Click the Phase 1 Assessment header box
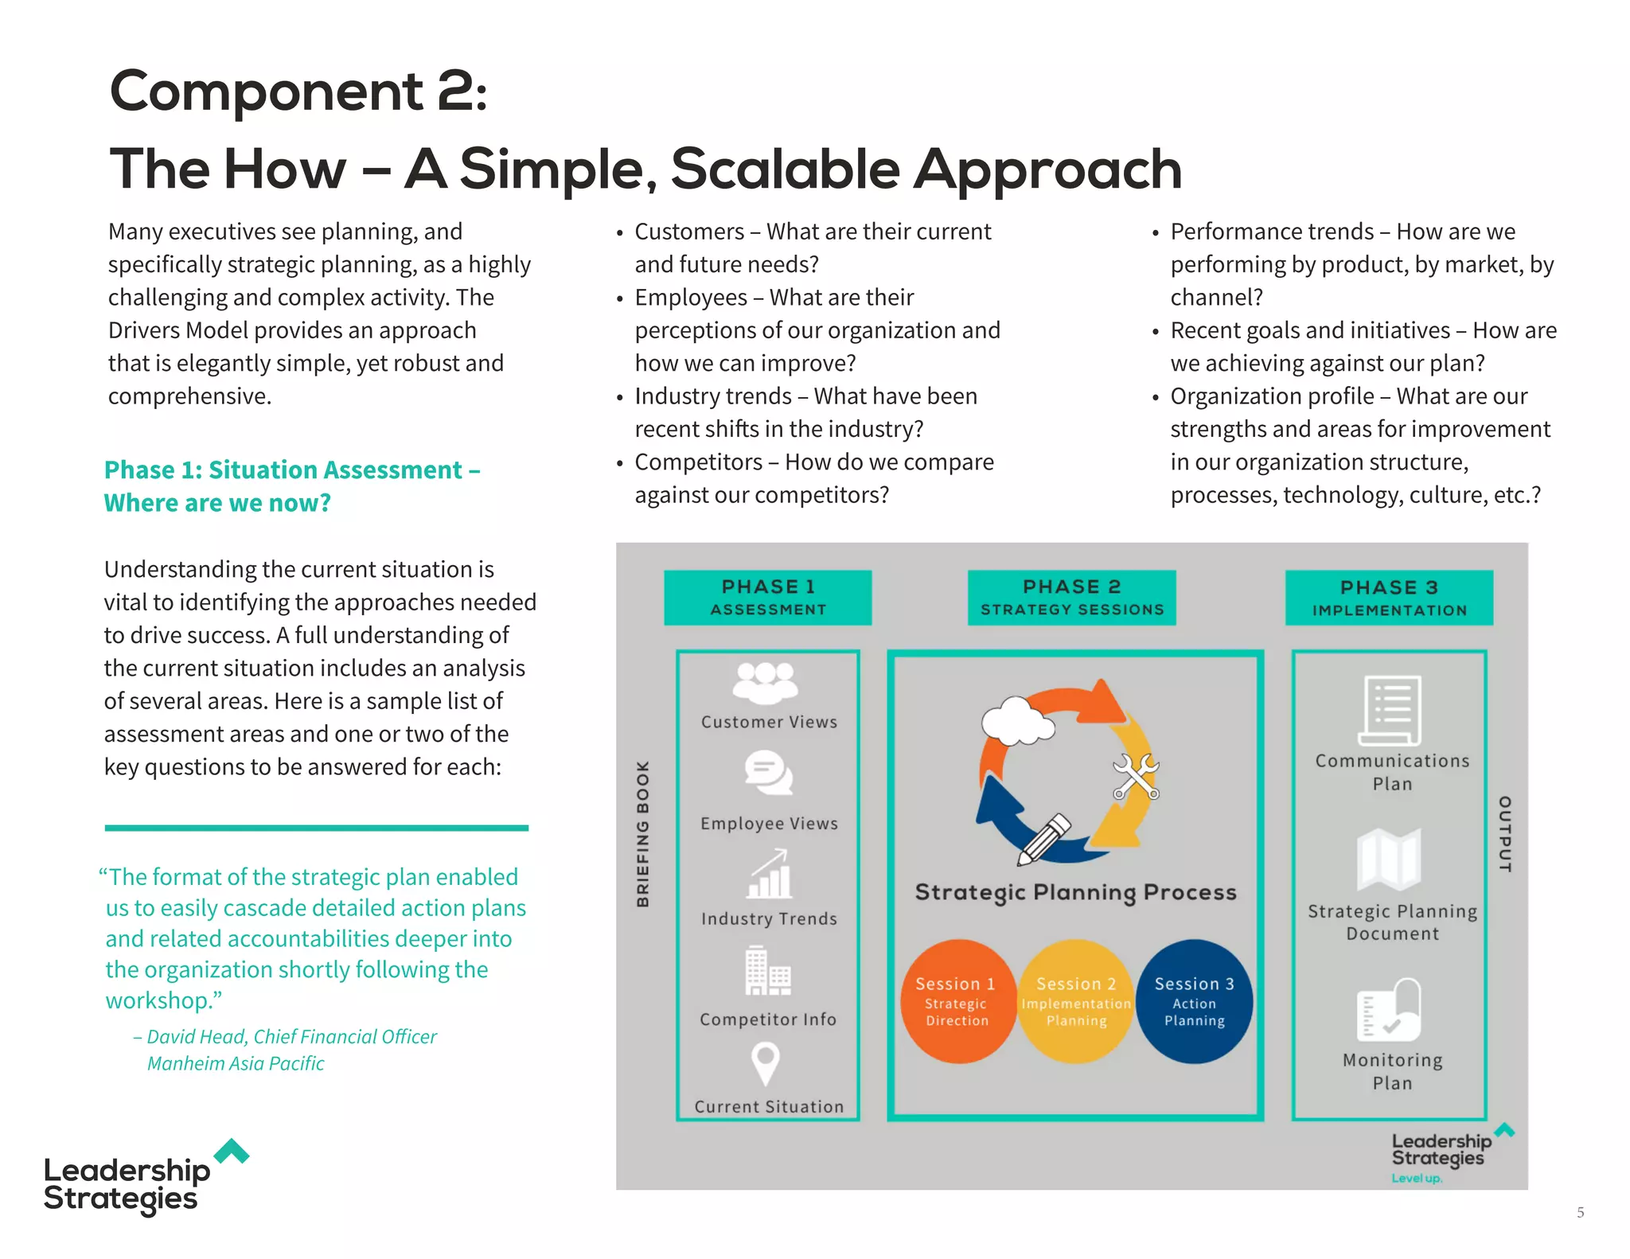767,597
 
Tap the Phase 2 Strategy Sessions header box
1071,597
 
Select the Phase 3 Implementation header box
1389,598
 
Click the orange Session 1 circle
957,1001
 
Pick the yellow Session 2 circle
1076,1001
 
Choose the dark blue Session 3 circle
1194,1001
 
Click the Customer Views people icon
765,683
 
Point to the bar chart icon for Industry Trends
769,874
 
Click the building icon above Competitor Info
767,972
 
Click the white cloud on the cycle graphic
1016,720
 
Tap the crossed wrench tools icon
1136,776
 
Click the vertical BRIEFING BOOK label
642,833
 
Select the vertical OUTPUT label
1504,833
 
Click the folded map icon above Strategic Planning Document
1389,859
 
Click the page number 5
1580,1213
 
